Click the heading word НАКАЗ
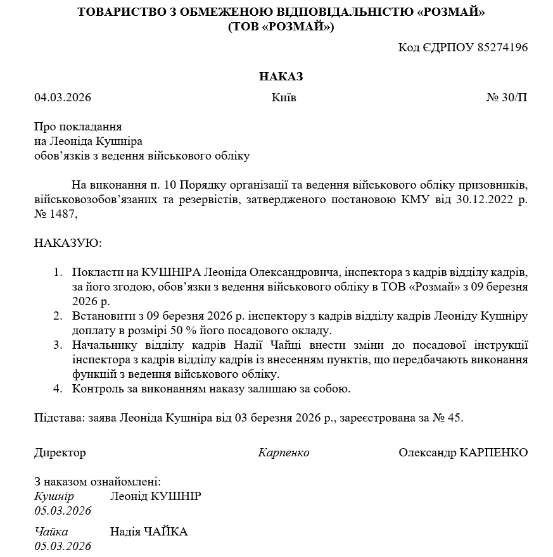click(281, 77)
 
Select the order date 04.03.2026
click(63, 97)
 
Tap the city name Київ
click(283, 97)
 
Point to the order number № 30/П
click(506, 97)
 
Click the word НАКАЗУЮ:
click(68, 243)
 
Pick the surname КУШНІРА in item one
click(170, 272)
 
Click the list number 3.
click(58, 345)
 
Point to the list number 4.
click(58, 388)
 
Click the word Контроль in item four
click(96, 388)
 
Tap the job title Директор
click(60, 453)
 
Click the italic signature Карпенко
click(284, 453)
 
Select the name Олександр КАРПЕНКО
click(463, 453)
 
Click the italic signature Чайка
click(51, 532)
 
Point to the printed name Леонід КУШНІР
click(155, 496)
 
